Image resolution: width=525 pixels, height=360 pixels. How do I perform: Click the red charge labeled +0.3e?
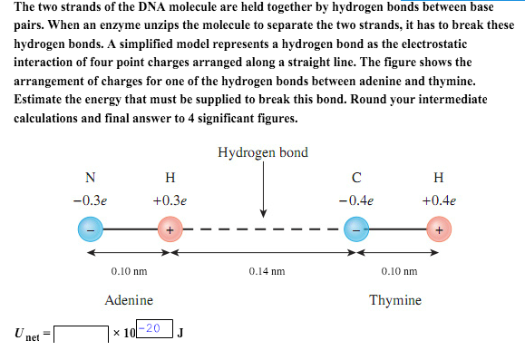click(170, 230)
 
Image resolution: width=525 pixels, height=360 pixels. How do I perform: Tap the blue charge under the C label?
click(357, 230)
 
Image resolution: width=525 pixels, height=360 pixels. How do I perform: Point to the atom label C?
click(357, 176)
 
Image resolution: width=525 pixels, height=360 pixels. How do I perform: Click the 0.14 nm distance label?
click(266, 270)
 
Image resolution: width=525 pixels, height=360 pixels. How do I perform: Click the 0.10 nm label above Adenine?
click(129, 270)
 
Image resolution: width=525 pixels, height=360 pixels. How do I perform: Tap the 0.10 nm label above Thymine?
click(398, 270)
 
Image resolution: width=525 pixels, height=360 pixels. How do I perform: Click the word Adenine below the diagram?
click(129, 300)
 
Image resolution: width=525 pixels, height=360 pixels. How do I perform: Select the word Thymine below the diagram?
click(395, 300)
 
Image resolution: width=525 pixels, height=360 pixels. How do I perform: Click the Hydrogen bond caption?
click(263, 151)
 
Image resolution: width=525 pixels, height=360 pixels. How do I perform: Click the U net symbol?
click(25, 335)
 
